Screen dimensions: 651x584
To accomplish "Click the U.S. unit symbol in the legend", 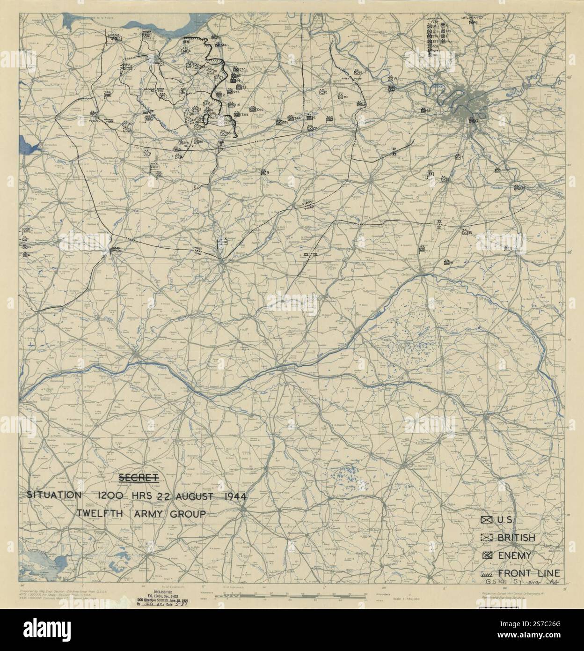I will click(486, 520).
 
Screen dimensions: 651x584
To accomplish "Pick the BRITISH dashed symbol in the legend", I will click(486, 538).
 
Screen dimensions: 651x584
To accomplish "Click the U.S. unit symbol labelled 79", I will click(390, 79).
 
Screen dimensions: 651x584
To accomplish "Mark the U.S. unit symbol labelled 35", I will click(464, 231).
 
